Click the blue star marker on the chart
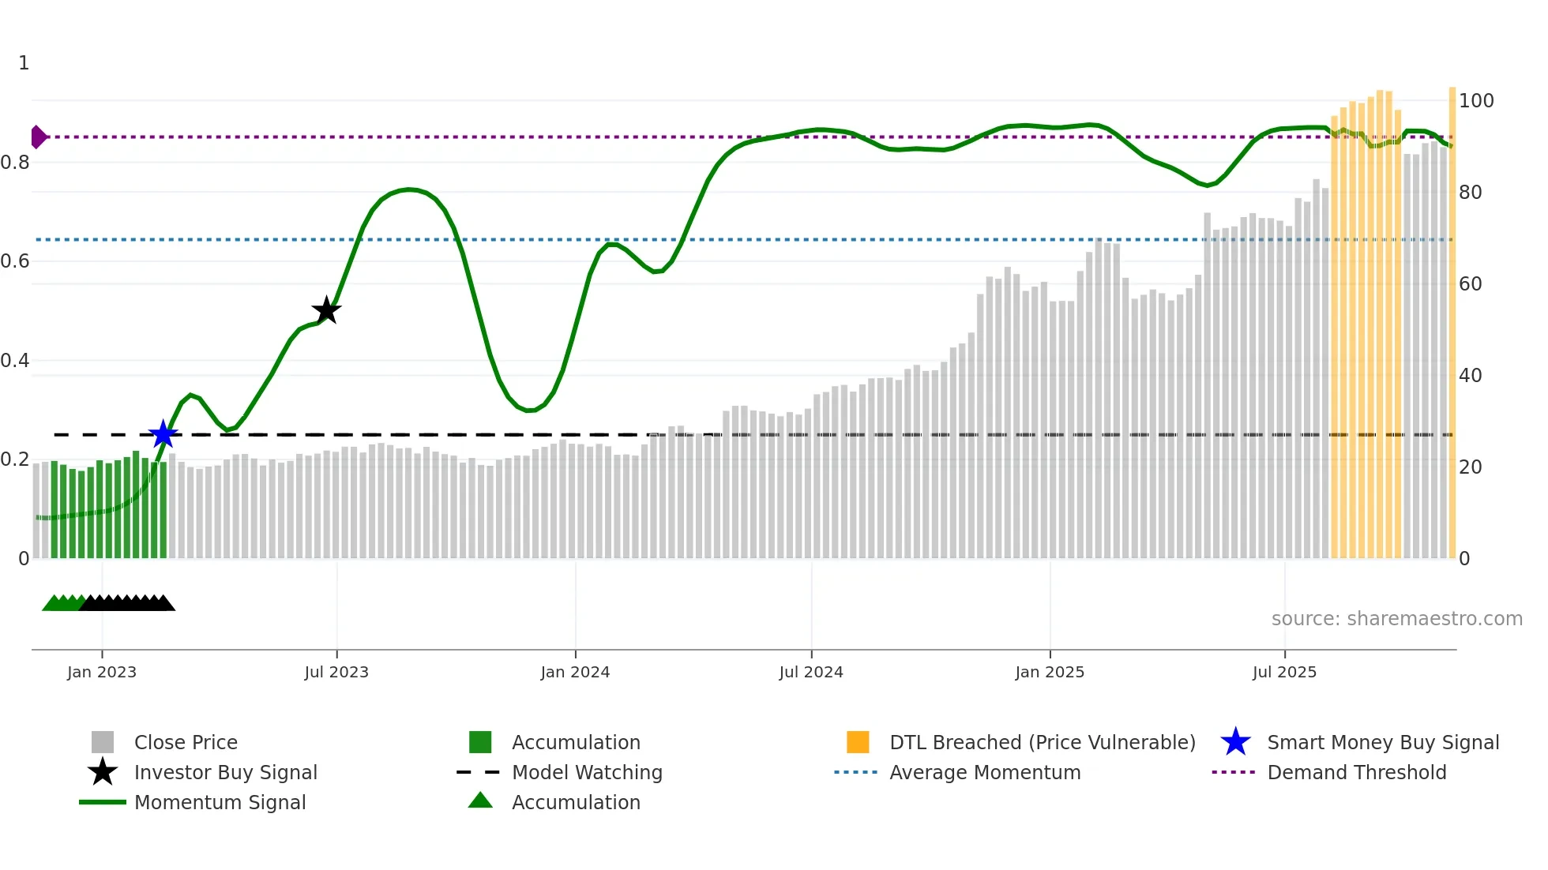(163, 434)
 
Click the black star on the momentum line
(326, 310)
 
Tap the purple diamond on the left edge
(38, 137)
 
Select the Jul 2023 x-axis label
(336, 672)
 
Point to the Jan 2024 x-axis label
(575, 672)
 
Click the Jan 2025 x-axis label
(1050, 672)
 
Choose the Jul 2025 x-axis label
(1284, 672)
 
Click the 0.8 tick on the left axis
(15, 163)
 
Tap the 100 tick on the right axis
(1475, 101)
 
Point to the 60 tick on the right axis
(1470, 284)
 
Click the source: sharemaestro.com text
(1396, 619)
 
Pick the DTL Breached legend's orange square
(858, 742)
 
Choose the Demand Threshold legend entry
(1356, 773)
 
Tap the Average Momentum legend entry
(984, 773)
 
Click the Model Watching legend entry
(586, 773)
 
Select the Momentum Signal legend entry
(220, 803)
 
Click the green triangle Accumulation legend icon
(480, 801)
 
